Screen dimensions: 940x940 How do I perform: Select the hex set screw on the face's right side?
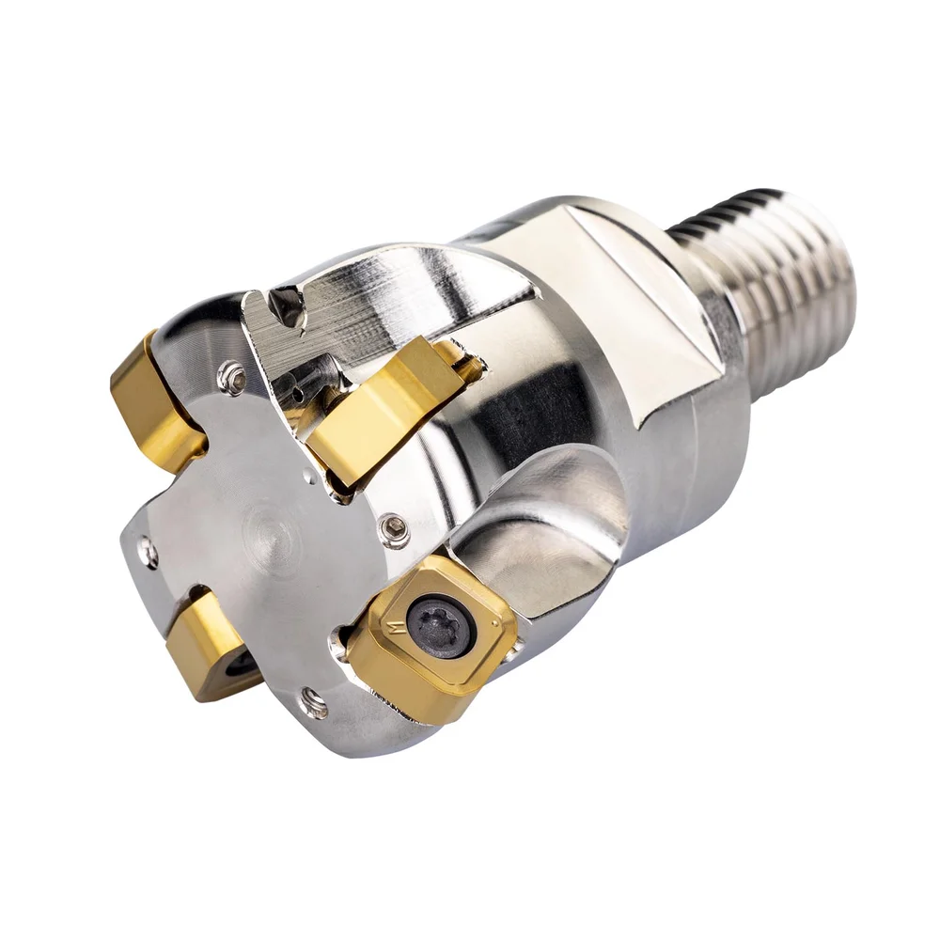(395, 531)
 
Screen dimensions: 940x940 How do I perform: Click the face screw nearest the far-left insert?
(231, 377)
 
